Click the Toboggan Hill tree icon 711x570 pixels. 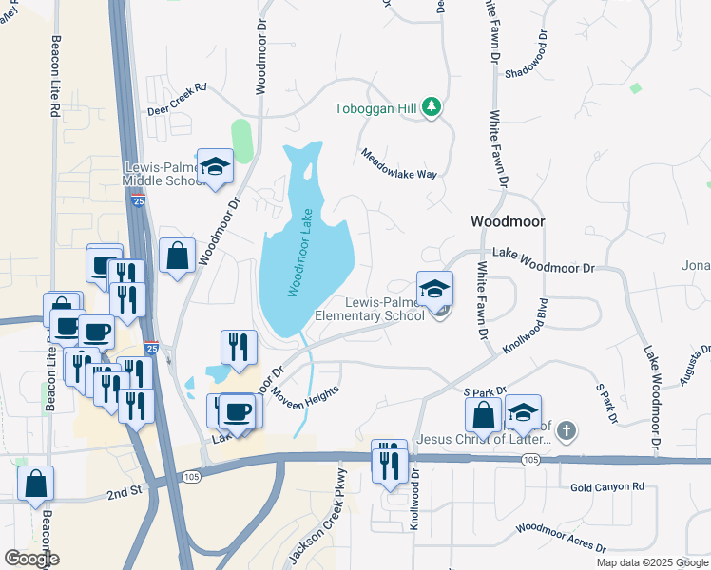click(432, 107)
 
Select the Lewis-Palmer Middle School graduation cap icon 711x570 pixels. click(216, 166)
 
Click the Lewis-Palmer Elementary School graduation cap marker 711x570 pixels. click(434, 289)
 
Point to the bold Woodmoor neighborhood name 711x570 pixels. click(509, 221)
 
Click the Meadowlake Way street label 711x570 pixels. click(398, 163)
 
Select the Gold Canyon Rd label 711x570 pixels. click(607, 487)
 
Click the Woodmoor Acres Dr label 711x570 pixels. click(560, 537)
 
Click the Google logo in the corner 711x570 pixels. click(31, 559)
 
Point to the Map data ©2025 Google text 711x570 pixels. click(652, 562)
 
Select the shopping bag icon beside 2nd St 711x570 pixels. click(35, 483)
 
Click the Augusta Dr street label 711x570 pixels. click(694, 366)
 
